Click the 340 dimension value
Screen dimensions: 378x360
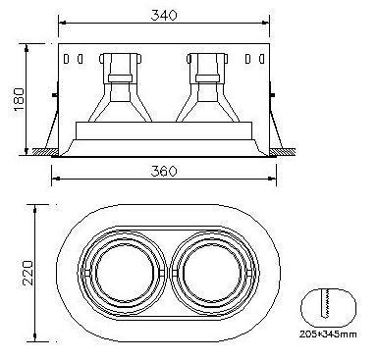[x=164, y=15]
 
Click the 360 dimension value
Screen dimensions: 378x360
[x=164, y=171]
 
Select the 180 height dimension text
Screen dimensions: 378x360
[x=19, y=99]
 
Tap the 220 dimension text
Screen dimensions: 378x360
[x=27, y=273]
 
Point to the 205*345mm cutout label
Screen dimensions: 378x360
[x=328, y=334]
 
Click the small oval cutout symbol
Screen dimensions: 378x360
[x=328, y=307]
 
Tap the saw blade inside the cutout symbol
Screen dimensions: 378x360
[x=326, y=303]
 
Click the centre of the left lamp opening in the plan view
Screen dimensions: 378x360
[x=125, y=273]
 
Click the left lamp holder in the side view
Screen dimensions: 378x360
[x=121, y=87]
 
